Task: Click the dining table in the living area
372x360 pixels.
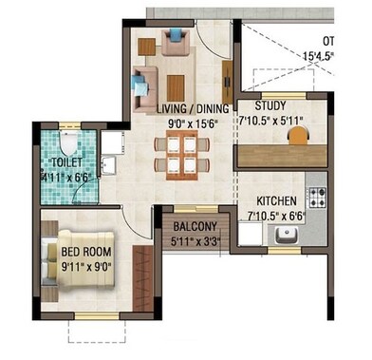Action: click(x=177, y=151)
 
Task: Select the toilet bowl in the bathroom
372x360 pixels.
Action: click(x=65, y=142)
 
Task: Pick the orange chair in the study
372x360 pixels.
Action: click(x=298, y=135)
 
